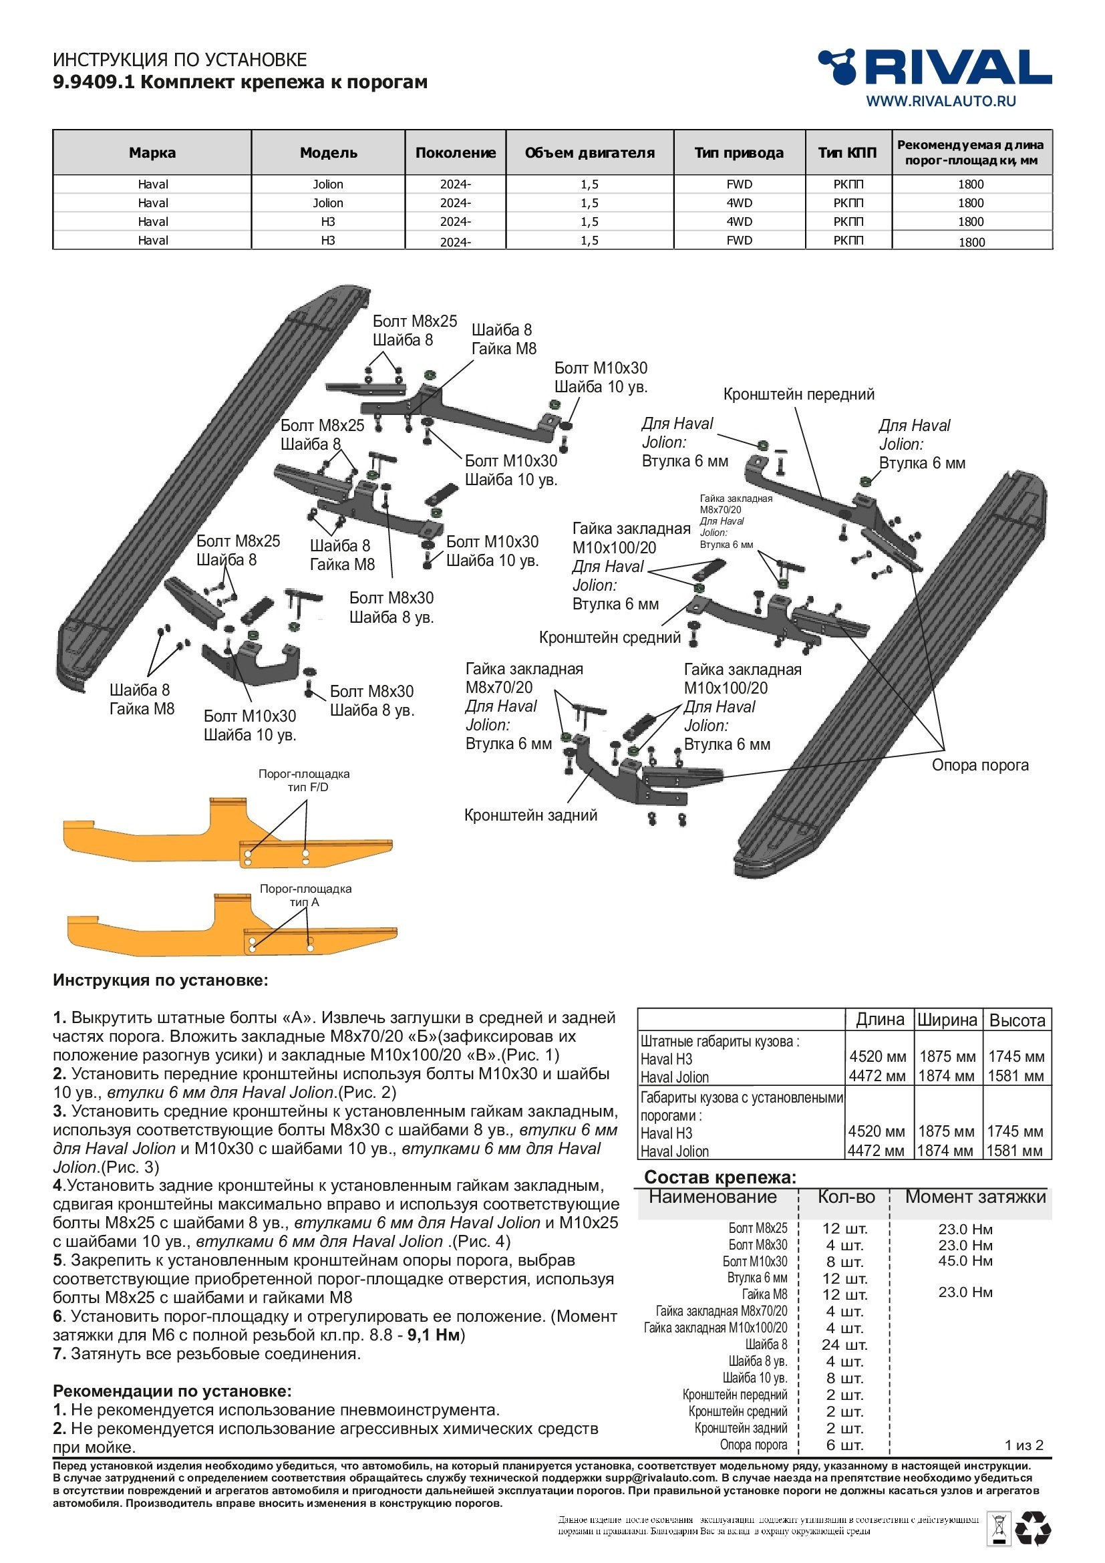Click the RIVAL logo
[x=935, y=67]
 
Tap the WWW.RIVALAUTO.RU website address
[x=941, y=101]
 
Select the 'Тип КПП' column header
[x=847, y=152]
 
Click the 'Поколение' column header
[x=455, y=152]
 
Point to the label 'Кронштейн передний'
[x=798, y=394]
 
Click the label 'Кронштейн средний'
[x=610, y=637]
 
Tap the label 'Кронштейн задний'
[x=530, y=815]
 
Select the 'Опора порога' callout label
[x=980, y=765]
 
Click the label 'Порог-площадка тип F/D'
[x=303, y=780]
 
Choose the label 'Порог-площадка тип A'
[x=305, y=895]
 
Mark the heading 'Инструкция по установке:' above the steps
[x=160, y=980]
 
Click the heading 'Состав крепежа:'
[x=720, y=1177]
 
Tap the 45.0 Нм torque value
[x=965, y=1261]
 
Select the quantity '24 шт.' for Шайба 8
[x=844, y=1344]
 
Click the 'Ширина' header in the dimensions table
[x=947, y=1020]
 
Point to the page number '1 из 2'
[x=1023, y=1445]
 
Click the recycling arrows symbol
[x=1033, y=1528]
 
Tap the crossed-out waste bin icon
[x=999, y=1528]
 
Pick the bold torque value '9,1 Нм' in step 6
[x=434, y=1335]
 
